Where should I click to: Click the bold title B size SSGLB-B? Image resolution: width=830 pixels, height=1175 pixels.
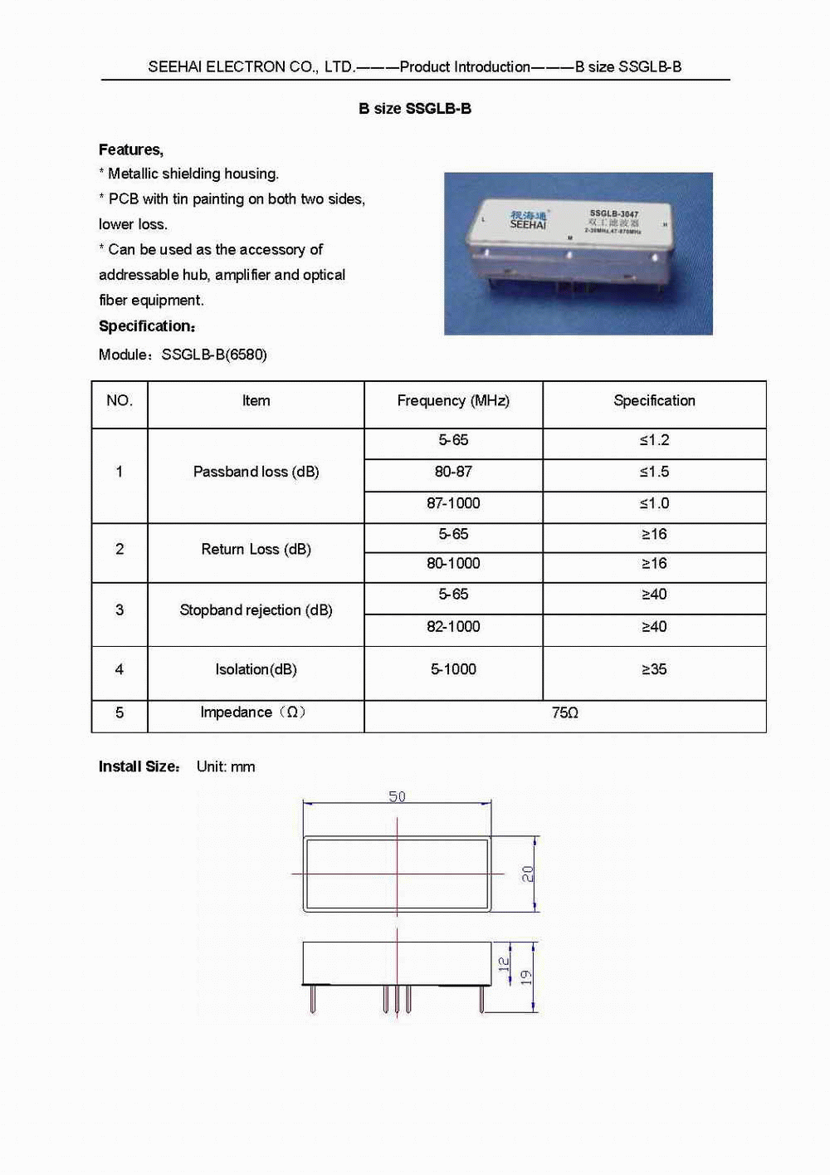415,109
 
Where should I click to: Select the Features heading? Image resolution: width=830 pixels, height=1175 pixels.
131,149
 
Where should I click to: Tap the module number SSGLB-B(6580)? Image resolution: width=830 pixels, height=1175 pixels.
214,355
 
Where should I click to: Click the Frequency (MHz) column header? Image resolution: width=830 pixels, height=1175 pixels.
453,401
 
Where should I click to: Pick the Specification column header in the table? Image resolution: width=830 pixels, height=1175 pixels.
654,401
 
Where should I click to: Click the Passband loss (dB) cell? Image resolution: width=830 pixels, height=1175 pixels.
256,472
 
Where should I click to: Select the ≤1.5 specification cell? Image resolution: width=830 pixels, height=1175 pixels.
654,472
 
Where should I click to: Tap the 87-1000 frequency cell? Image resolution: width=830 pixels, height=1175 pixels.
453,503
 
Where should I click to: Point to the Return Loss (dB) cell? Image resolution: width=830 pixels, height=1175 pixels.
256,549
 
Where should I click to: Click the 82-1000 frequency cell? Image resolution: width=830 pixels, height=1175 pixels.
453,627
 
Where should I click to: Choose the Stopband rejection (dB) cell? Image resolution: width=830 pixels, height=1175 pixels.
256,610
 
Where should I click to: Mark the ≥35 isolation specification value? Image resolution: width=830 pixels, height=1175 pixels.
654,669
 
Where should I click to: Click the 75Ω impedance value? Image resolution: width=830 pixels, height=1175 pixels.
565,713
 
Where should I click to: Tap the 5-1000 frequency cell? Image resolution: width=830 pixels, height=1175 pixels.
453,669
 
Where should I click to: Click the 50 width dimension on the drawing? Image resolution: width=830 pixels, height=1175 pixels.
398,797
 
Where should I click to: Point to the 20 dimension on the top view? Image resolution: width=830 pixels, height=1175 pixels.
528,874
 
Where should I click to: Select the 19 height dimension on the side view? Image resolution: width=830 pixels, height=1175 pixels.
526,977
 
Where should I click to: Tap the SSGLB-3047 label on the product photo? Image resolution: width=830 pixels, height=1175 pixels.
613,214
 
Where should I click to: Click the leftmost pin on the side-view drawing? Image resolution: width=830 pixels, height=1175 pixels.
312,998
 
